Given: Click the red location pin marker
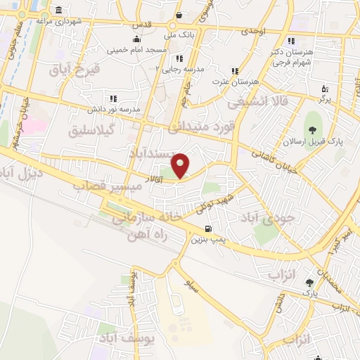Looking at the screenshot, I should [x=181, y=165].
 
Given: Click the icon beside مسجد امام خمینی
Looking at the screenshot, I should [x=136, y=39].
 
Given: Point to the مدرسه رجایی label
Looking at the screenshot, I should [x=184, y=68].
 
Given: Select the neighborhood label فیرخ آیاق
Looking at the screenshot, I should [x=77, y=69].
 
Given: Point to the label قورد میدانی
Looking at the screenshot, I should [x=198, y=126].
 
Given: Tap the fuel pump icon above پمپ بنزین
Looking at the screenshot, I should [x=208, y=229].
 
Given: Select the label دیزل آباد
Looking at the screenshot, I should [x=22, y=173].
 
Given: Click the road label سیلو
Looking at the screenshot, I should [x=187, y=285].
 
